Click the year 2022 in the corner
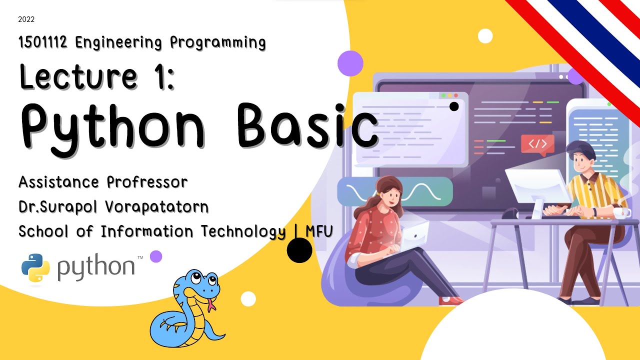click(26, 20)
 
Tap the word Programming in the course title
click(217, 43)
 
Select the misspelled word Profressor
click(147, 182)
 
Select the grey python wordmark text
click(96, 268)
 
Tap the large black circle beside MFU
click(299, 250)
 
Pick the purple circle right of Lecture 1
click(350, 63)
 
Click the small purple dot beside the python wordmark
click(156, 256)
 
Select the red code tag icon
click(537, 144)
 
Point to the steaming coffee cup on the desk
click(621, 212)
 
